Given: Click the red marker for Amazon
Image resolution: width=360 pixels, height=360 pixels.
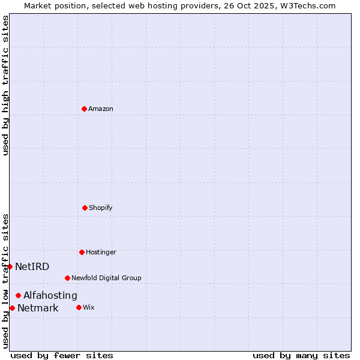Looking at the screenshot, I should pyautogui.click(x=84, y=109).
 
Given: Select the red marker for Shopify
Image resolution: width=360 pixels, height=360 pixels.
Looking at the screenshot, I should pyautogui.click(x=85, y=208).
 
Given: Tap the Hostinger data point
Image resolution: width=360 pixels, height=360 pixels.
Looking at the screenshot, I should pyautogui.click(x=82, y=252).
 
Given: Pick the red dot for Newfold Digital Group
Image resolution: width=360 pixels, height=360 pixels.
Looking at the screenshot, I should pyautogui.click(x=67, y=278).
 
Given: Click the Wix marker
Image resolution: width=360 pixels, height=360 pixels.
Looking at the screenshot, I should pyautogui.click(x=79, y=307).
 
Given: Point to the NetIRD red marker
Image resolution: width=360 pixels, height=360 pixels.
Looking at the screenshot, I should pyautogui.click(x=10, y=266).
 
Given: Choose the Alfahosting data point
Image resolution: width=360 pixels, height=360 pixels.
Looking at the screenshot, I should pyautogui.click(x=18, y=295).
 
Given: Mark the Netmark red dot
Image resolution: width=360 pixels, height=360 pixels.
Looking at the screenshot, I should pyautogui.click(x=12, y=308).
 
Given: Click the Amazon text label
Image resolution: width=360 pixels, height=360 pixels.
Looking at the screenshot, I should pyautogui.click(x=101, y=109).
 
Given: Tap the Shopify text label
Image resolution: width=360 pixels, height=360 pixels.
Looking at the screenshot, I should pyautogui.click(x=101, y=208).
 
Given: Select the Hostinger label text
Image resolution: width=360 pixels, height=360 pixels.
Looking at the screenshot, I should pyautogui.click(x=101, y=253).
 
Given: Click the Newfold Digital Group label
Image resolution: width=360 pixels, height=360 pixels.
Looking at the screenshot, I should pyautogui.click(x=106, y=278).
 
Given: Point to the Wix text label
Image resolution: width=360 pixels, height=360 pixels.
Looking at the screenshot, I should pyautogui.click(x=89, y=308).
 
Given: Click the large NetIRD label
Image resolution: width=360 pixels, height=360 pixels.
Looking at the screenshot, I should pyautogui.click(x=32, y=267).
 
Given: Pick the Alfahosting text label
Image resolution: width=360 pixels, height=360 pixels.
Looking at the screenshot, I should pyautogui.click(x=50, y=296).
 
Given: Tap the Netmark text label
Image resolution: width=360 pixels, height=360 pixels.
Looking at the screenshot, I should pyautogui.click(x=38, y=308).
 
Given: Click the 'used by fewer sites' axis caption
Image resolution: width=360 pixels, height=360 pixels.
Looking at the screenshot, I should pyautogui.click(x=62, y=355).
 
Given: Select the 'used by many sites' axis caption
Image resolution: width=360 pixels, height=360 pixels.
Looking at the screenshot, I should pyautogui.click(x=301, y=355).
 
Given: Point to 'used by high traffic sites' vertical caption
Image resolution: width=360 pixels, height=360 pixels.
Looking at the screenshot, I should pyautogui.click(x=5, y=85).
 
